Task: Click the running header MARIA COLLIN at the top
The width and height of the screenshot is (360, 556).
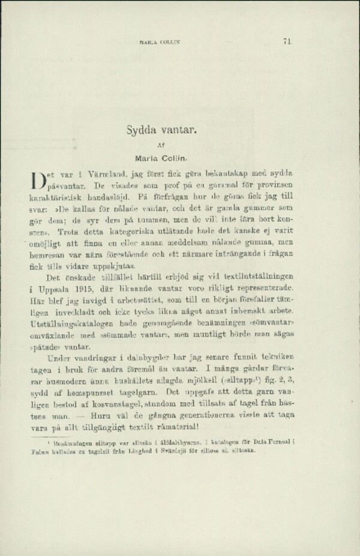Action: point(159,43)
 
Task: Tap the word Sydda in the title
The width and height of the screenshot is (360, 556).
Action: point(140,128)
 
